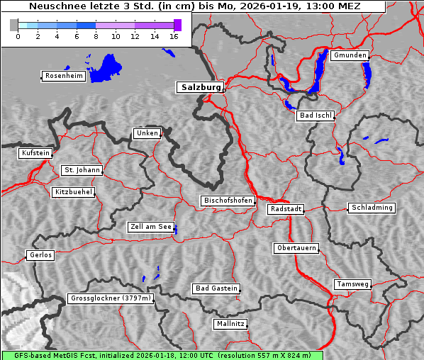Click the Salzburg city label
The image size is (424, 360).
click(200, 87)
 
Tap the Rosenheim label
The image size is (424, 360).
click(63, 76)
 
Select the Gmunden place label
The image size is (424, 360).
click(350, 55)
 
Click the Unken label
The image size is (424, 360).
click(147, 133)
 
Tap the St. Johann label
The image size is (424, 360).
click(82, 170)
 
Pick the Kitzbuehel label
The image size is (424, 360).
click(73, 192)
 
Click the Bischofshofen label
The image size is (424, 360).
click(228, 201)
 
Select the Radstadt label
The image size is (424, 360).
click(286, 209)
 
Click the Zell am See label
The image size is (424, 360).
click(151, 227)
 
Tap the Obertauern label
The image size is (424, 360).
click(296, 248)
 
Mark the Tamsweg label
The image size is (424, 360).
click(352, 284)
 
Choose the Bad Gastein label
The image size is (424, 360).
click(216, 288)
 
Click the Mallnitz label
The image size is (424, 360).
click(230, 324)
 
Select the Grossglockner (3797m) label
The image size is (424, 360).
click(111, 299)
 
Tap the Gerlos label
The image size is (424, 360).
click(40, 255)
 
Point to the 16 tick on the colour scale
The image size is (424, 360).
click(174, 35)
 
